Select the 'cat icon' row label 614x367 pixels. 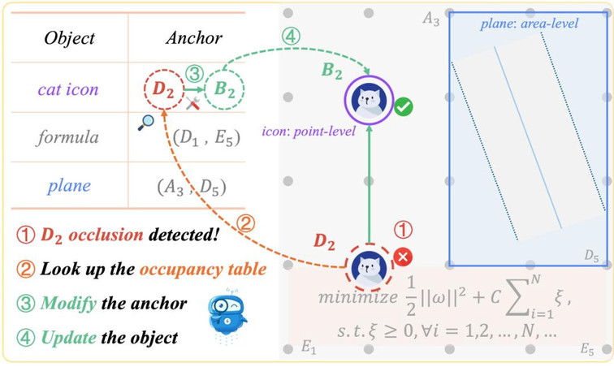coord(67,89)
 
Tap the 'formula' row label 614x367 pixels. coord(67,137)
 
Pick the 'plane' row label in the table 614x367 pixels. coord(67,186)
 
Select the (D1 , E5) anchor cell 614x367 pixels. coord(208,137)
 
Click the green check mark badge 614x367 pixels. coord(403,106)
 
